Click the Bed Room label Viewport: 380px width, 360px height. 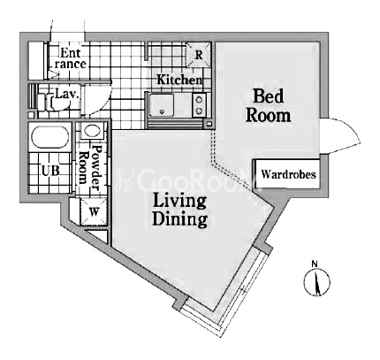click(x=268, y=105)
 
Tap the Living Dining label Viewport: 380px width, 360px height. click(x=179, y=211)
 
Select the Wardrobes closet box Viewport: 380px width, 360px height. click(x=287, y=174)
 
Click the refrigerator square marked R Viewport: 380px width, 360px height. click(x=199, y=55)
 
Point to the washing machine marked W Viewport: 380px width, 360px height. click(x=94, y=211)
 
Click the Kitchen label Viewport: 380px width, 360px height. click(x=179, y=80)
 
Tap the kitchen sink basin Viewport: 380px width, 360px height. click(x=162, y=104)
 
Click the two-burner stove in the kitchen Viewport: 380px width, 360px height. click(x=199, y=104)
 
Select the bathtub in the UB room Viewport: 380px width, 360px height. click(x=50, y=137)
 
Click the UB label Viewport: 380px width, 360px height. click(x=50, y=171)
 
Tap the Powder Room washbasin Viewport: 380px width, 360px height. click(x=92, y=131)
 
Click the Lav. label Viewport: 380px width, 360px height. click(x=67, y=94)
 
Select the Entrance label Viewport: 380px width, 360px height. click(x=70, y=58)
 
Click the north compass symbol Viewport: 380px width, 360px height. click(x=317, y=281)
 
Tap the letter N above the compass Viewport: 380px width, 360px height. click(x=315, y=264)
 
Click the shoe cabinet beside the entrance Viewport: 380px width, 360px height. click(x=36, y=61)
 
